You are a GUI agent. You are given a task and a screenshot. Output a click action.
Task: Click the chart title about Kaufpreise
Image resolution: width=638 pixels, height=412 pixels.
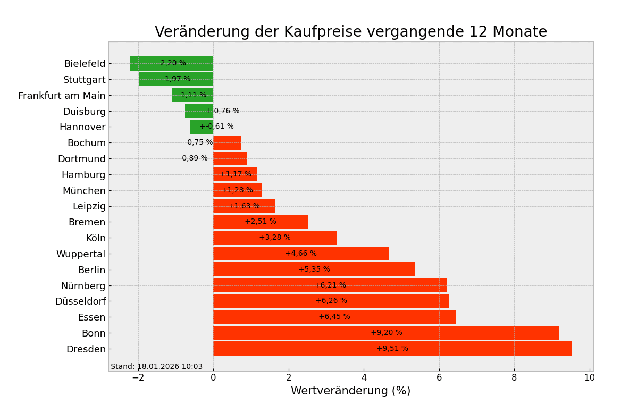click(350, 32)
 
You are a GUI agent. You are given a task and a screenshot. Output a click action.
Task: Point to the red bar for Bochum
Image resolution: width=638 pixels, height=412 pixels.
click(227, 142)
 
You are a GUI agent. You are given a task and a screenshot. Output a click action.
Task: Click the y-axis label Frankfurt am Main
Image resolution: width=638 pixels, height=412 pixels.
click(62, 96)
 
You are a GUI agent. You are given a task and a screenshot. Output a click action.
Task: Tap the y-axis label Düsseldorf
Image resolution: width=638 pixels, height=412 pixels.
click(80, 301)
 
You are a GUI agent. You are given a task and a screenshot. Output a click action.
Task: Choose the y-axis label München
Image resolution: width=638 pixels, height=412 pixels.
click(84, 190)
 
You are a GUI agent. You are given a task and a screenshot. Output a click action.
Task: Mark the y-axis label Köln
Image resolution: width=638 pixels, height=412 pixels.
click(96, 238)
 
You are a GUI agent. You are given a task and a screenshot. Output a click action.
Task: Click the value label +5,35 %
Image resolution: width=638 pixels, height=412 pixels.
click(314, 270)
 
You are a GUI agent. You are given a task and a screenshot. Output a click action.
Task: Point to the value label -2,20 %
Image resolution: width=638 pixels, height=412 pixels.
click(172, 63)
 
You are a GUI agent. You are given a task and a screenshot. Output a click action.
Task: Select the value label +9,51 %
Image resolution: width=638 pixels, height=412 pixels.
click(392, 349)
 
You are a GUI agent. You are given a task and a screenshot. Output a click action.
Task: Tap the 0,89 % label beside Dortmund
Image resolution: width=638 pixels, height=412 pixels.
click(195, 158)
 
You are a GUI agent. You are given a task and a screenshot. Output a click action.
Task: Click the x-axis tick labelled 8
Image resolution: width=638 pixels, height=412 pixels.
click(514, 378)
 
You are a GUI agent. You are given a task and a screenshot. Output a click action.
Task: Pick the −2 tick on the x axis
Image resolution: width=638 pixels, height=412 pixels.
click(138, 378)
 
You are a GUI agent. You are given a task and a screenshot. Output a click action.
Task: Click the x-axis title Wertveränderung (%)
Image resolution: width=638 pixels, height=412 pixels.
click(350, 391)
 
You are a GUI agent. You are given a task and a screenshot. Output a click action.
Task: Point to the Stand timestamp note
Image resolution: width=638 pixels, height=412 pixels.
click(156, 367)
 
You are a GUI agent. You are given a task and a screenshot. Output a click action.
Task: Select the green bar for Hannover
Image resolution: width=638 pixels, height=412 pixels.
click(197, 127)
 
